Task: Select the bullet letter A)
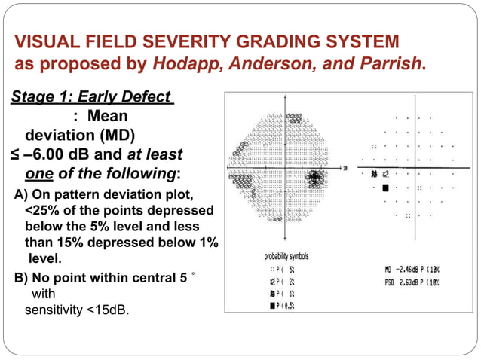click(x=23, y=196)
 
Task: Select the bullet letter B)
click(x=23, y=276)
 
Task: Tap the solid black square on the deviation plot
click(x=385, y=187)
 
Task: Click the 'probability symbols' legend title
click(x=286, y=256)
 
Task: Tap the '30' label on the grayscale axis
click(x=344, y=168)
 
